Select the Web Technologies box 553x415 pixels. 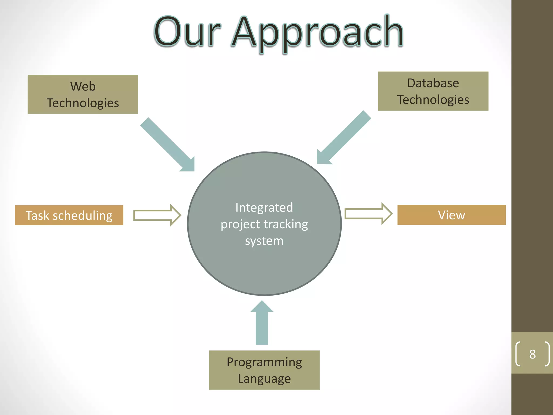pyautogui.click(x=83, y=94)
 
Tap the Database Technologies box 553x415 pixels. pyautogui.click(x=433, y=91)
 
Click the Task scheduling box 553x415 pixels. pyautogui.click(x=69, y=215)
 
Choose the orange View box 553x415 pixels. pyautogui.click(x=451, y=215)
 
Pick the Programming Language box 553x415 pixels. pyautogui.click(x=264, y=370)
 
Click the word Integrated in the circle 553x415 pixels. pyautogui.click(x=264, y=207)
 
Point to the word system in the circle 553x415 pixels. pyautogui.click(x=264, y=240)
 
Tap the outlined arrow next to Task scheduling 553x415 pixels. pyautogui.click(x=157, y=215)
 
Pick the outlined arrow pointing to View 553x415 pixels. pyautogui.click(x=368, y=213)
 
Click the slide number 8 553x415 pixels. pyautogui.click(x=532, y=354)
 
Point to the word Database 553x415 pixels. pyautogui.click(x=433, y=83)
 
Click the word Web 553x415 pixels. pyautogui.click(x=83, y=86)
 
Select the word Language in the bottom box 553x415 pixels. pyautogui.click(x=264, y=379)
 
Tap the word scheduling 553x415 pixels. pyautogui.click(x=82, y=216)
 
